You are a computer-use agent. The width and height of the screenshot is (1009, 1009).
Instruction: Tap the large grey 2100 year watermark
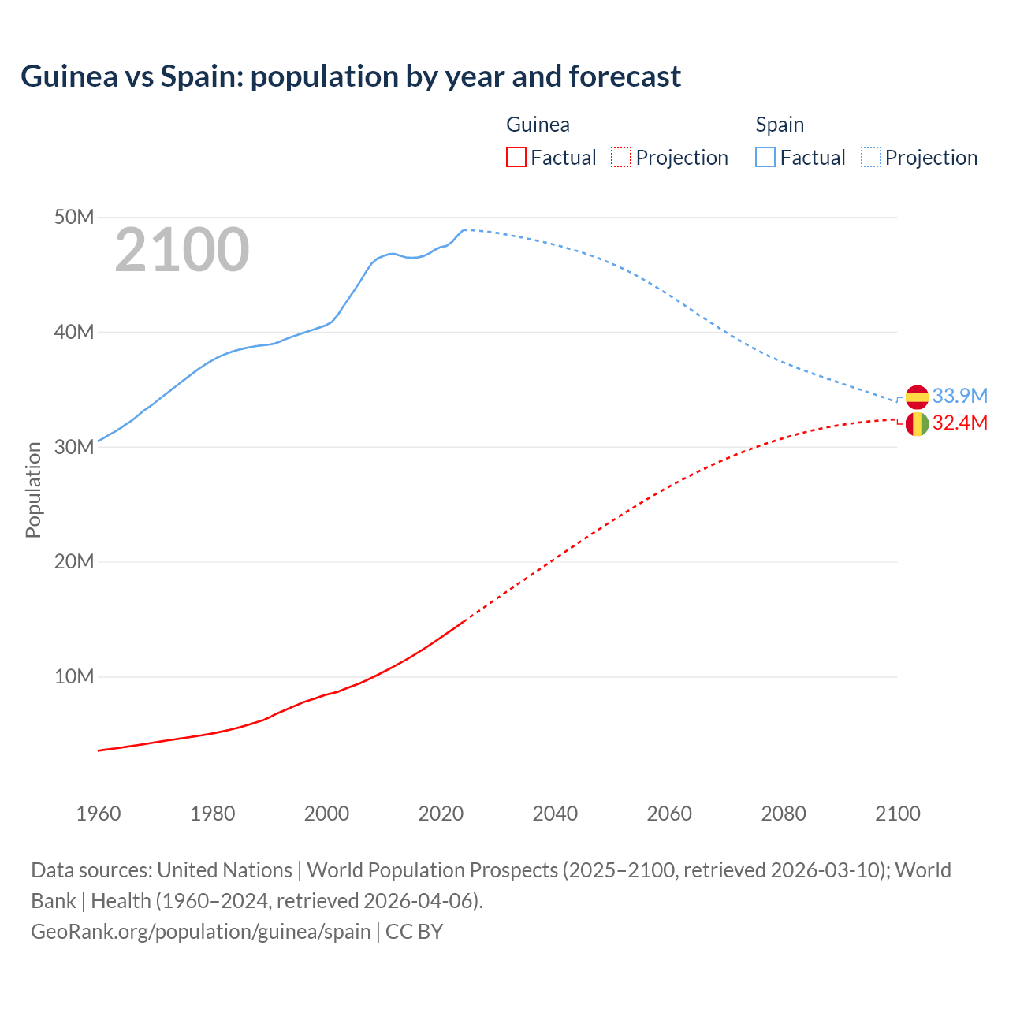point(182,250)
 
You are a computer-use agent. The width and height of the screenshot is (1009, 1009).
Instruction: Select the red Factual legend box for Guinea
point(516,157)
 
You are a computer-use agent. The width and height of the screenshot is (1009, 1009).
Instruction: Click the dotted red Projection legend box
point(621,157)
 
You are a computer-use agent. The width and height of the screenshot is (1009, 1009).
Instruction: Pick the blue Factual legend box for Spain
point(765,157)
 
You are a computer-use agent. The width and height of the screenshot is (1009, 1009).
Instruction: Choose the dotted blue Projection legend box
point(870,157)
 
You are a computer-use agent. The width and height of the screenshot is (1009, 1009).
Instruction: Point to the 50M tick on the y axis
point(74,217)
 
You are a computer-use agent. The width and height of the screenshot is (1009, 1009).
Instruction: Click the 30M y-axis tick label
point(74,447)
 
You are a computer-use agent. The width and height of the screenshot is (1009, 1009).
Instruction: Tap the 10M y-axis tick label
point(74,676)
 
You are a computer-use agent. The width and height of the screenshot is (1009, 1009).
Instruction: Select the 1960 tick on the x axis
point(99,814)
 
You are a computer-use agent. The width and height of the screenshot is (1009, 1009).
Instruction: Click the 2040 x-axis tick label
point(555,814)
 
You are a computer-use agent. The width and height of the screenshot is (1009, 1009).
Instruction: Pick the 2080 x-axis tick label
point(784,814)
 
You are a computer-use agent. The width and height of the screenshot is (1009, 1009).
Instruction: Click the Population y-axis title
point(33,490)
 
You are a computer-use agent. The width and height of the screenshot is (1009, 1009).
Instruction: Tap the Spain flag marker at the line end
point(917,397)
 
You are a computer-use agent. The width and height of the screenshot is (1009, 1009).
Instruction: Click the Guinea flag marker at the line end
point(917,424)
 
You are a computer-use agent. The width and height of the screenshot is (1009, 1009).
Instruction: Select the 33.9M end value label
point(959,396)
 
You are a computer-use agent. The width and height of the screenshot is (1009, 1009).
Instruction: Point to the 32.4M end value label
point(959,423)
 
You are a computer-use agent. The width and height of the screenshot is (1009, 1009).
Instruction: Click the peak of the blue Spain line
point(464,229)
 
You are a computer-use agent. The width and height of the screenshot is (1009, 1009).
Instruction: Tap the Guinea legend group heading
point(538,125)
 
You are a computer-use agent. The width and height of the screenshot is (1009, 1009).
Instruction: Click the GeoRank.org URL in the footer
point(200,932)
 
